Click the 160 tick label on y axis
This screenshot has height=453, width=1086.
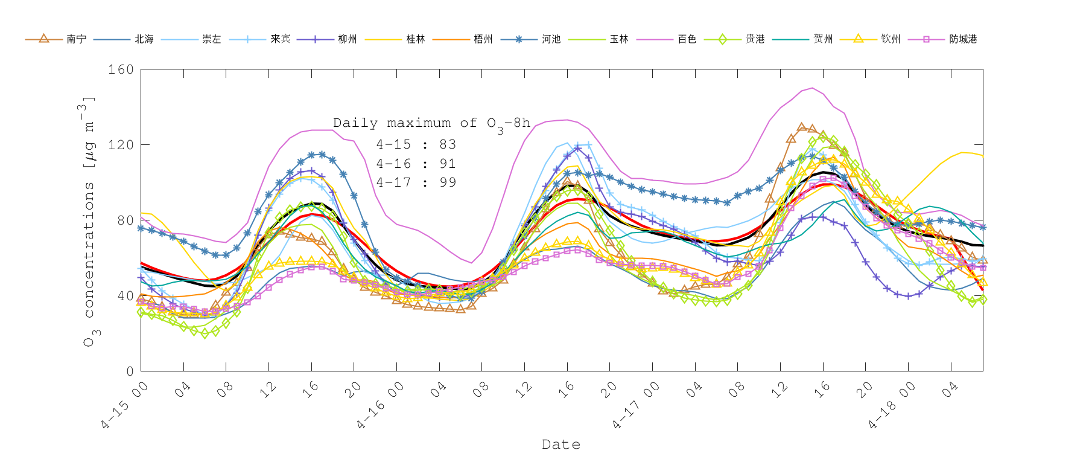click(x=121, y=69)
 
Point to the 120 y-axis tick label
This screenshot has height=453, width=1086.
click(x=121, y=145)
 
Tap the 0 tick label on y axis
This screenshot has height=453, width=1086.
click(x=129, y=371)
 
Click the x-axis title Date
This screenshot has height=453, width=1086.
click(x=561, y=445)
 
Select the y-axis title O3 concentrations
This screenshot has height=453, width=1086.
click(x=89, y=220)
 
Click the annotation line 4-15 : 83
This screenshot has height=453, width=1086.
click(x=416, y=145)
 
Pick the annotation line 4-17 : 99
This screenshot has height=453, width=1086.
click(x=416, y=182)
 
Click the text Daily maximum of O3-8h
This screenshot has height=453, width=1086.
click(x=431, y=123)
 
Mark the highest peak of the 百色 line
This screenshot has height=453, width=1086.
click(x=813, y=88)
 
